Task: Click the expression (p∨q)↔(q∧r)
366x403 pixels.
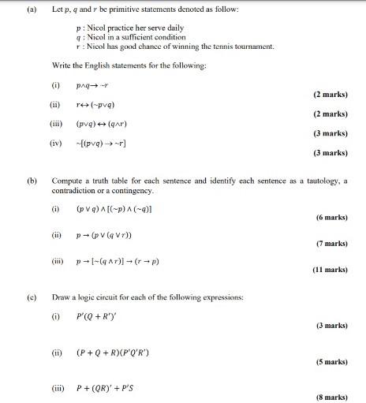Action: [x=104, y=124]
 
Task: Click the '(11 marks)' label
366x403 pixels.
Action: [x=330, y=270]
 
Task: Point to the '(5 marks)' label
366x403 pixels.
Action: [x=331, y=362]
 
